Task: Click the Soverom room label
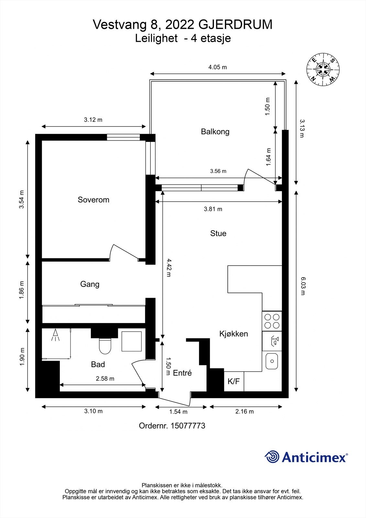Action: coord(93,200)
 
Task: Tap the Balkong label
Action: coord(215,131)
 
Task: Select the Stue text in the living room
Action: coord(218,233)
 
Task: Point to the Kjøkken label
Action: coord(233,334)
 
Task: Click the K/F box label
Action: coord(234,381)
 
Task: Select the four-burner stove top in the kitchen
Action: coord(272,321)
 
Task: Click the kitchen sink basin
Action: coord(272,361)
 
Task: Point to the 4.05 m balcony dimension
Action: coord(217,67)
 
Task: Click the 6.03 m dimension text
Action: coord(303,286)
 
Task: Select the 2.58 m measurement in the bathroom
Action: coord(105,378)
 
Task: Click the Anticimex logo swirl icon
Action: coord(272,457)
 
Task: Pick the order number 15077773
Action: coord(186,426)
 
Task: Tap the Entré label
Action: coord(182,373)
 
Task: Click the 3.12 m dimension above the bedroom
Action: coord(93,120)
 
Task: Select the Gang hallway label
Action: coord(90,284)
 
